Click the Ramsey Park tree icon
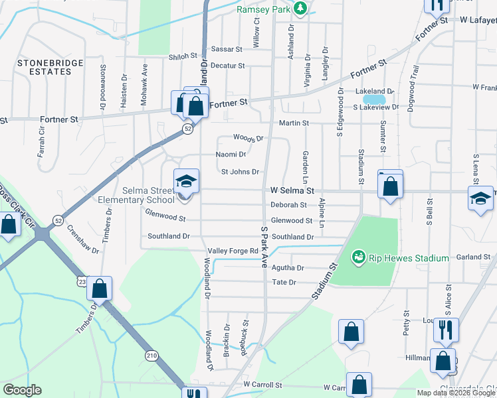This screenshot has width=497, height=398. point(300,8)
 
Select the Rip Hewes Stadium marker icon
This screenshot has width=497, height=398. point(358,256)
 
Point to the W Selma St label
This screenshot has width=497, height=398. point(292,190)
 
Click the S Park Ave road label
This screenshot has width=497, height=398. point(264,246)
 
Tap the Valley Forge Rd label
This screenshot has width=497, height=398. point(233,251)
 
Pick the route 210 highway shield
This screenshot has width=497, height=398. point(152,356)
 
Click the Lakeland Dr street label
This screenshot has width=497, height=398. point(374,91)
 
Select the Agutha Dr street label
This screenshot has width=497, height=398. point(287,268)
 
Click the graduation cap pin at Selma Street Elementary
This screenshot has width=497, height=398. point(187,181)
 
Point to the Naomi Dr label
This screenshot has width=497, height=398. point(231,155)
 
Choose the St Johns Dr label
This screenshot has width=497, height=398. point(240,172)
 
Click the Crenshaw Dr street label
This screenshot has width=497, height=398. point(83,239)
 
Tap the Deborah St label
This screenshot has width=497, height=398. point(288,206)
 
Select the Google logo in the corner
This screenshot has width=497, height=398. point(22,390)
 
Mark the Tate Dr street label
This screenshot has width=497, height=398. point(284,283)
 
